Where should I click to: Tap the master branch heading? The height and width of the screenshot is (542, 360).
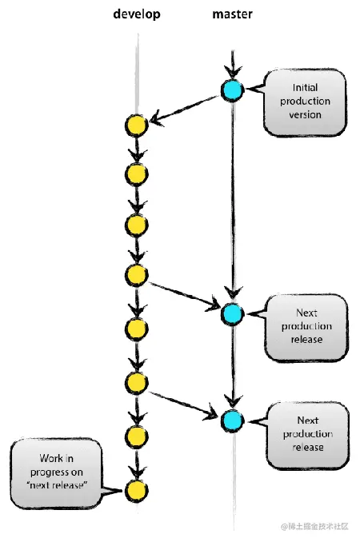click(233, 15)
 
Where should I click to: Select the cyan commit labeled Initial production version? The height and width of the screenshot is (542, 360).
click(232, 91)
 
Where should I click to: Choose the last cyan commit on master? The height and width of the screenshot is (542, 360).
click(232, 420)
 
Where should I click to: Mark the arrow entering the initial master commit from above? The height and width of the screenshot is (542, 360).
click(232, 64)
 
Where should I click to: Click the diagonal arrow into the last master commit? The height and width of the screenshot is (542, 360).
click(184, 402)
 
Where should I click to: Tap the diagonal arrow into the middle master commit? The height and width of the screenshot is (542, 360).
click(184, 294)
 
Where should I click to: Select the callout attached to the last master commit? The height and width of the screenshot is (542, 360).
click(307, 433)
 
